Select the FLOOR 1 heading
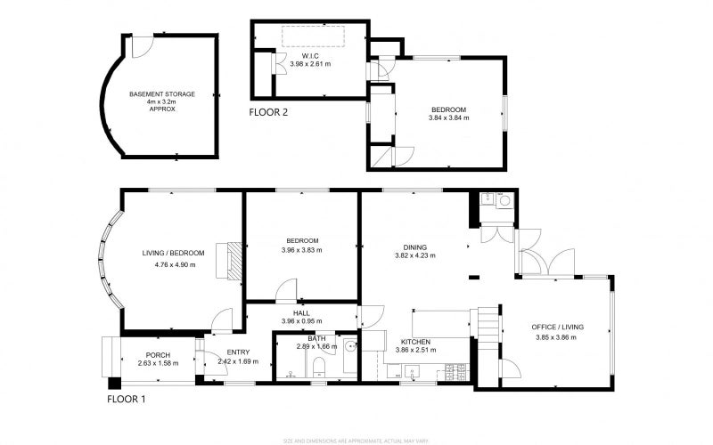pyautogui.click(x=127, y=400)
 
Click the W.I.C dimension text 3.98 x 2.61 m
pyautogui.click(x=310, y=64)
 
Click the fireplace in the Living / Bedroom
pyautogui.click(x=234, y=262)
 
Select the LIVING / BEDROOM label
pyautogui.click(x=173, y=254)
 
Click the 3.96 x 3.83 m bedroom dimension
pyautogui.click(x=304, y=250)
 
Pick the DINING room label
pyautogui.click(x=414, y=247)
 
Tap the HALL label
pyautogui.click(x=301, y=311)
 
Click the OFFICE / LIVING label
pyautogui.click(x=559, y=328)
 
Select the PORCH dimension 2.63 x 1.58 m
pyautogui.click(x=158, y=363)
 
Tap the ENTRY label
pyautogui.click(x=239, y=352)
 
